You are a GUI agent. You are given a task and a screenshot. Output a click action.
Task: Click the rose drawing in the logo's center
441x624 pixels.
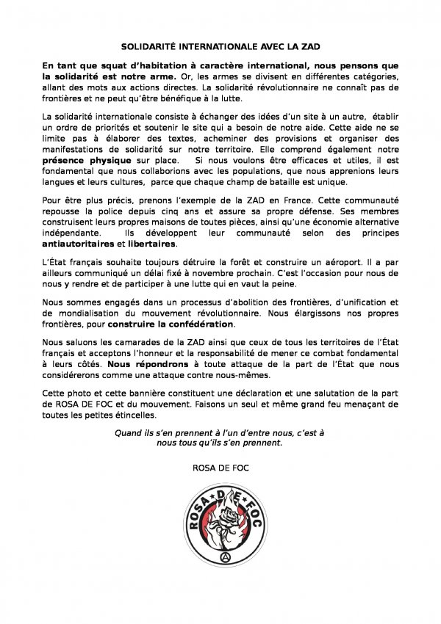click(223, 523)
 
